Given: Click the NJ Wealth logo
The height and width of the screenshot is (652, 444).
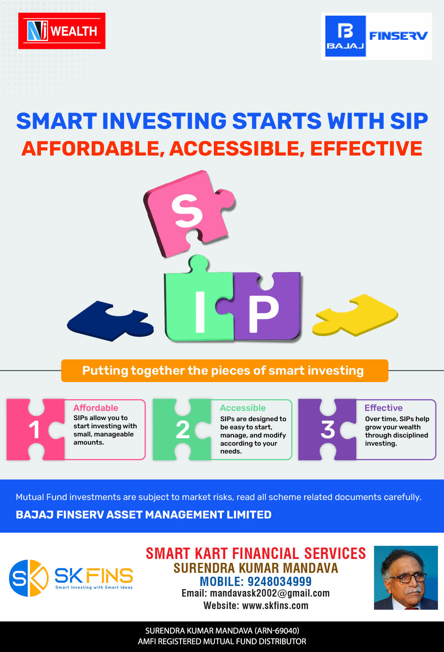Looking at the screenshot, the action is (62, 31).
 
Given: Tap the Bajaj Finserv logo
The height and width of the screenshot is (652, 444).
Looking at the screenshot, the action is (377, 36).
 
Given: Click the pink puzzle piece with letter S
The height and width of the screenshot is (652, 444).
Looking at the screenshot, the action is (188, 213).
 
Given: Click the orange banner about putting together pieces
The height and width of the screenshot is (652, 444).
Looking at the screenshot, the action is (224, 371).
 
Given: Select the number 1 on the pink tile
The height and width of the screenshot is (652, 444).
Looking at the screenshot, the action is (34, 430).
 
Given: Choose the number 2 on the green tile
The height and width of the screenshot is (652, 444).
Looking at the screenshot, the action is (183, 430).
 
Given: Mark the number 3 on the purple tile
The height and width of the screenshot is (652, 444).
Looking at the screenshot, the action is (327, 430).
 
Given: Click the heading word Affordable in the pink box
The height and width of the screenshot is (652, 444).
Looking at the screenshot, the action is (96, 408).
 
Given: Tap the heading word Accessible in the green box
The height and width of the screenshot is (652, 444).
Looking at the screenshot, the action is (243, 408).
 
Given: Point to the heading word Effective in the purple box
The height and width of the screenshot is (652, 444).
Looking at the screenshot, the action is (384, 408).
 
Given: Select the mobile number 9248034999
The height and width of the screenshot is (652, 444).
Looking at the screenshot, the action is (280, 582).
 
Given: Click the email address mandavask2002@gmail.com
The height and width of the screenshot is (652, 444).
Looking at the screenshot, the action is (270, 593).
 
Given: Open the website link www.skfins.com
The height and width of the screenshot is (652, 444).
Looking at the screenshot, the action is (275, 605).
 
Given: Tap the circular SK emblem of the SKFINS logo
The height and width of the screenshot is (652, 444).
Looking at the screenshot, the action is (29, 578).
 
